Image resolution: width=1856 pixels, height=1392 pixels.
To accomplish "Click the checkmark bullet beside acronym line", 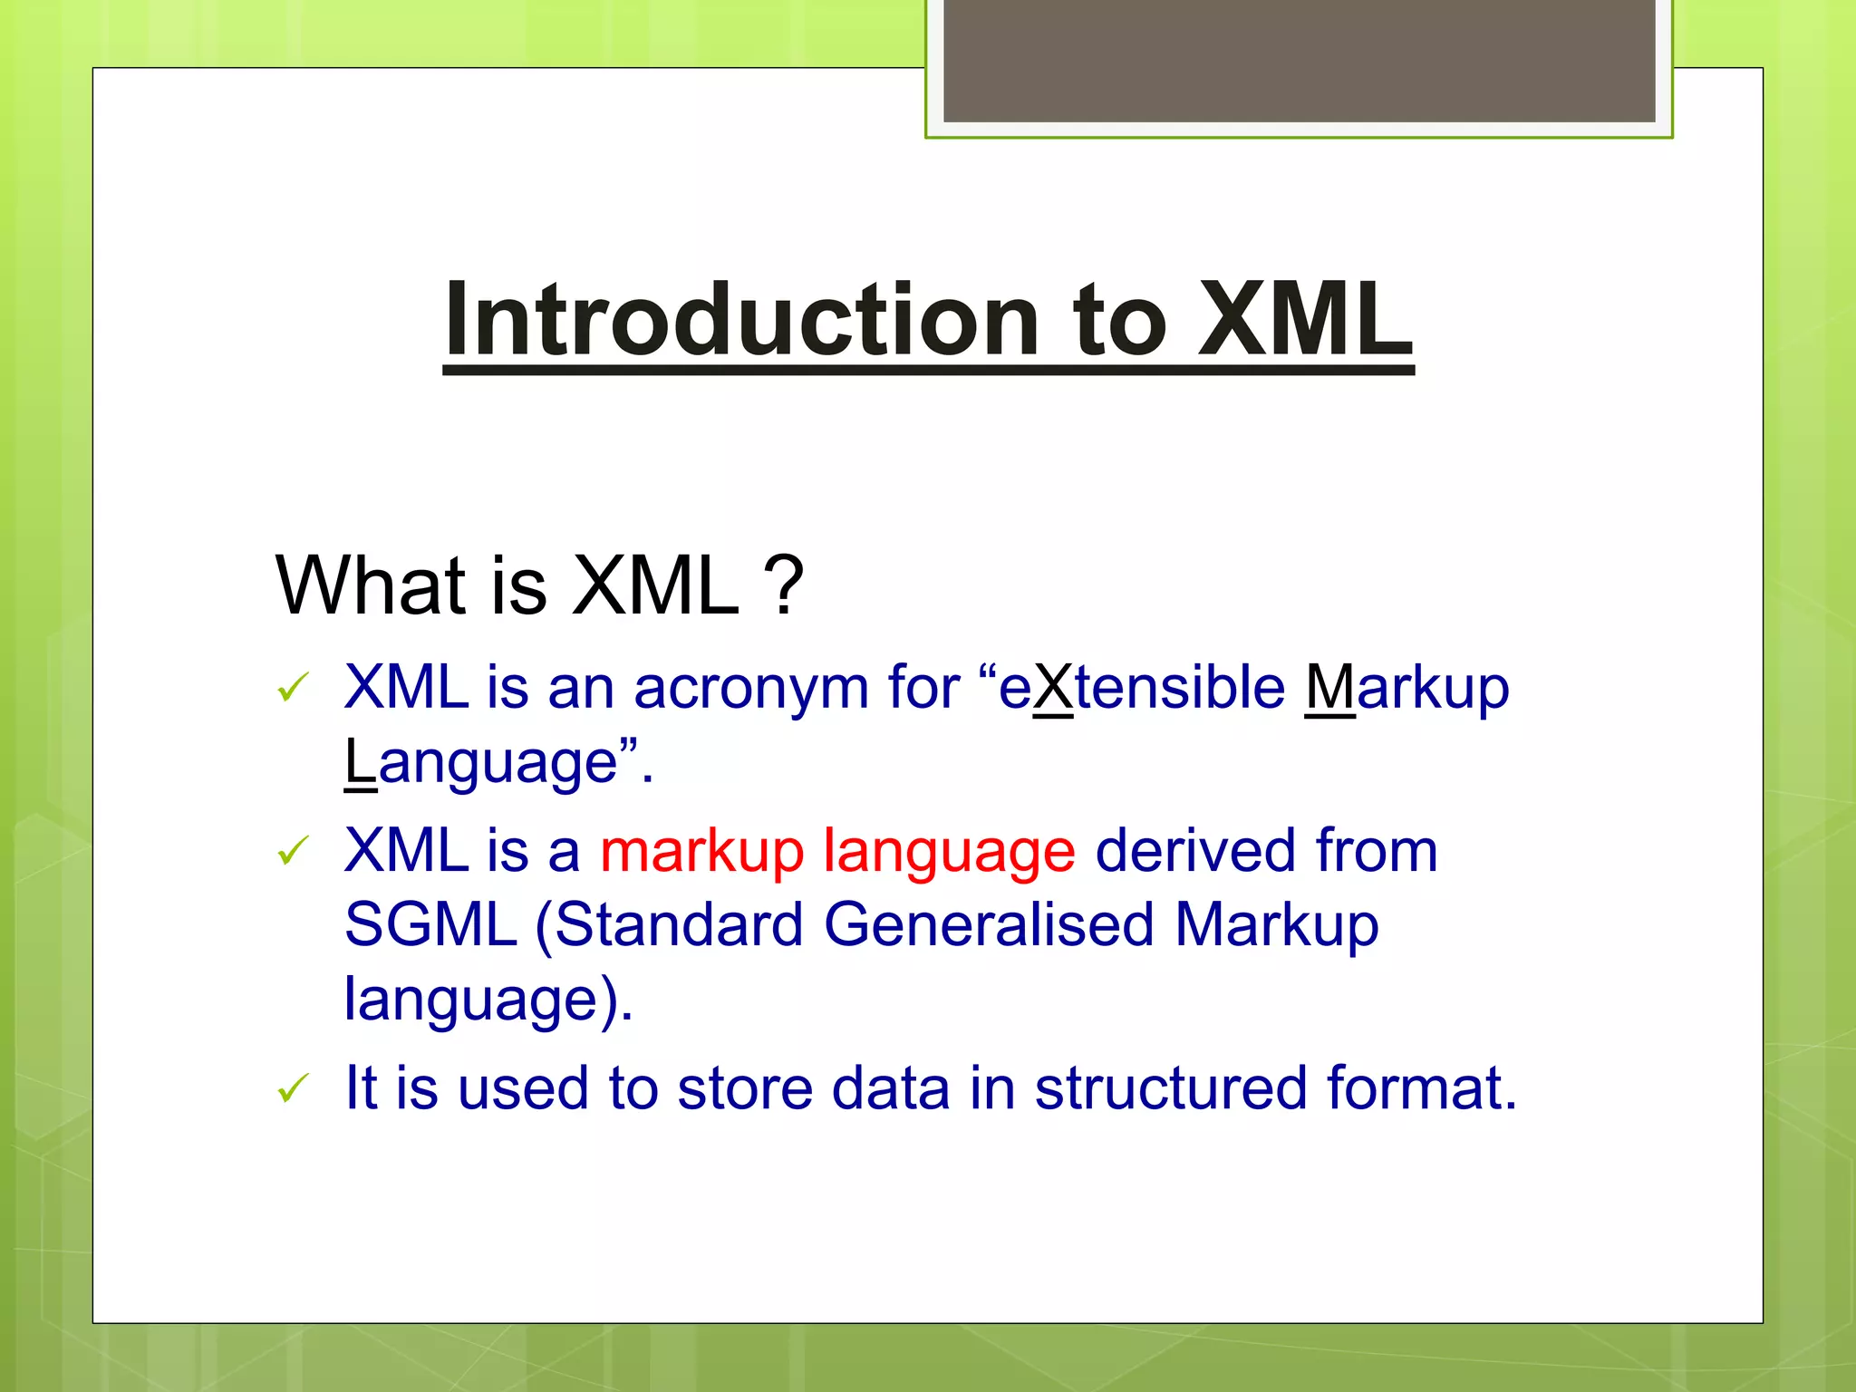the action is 294,688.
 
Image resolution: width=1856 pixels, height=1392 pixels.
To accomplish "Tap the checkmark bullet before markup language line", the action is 294,851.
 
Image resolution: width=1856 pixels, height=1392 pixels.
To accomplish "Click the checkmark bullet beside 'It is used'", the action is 294,1088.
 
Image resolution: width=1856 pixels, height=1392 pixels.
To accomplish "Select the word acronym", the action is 751,689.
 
